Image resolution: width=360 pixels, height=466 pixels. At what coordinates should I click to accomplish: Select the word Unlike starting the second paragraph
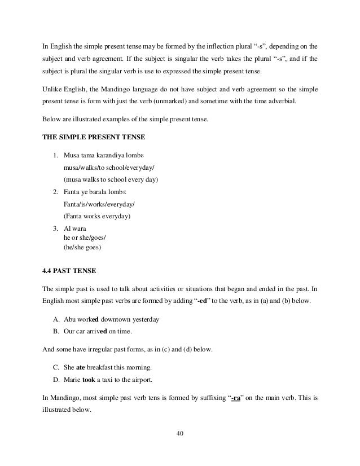coord(52,90)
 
